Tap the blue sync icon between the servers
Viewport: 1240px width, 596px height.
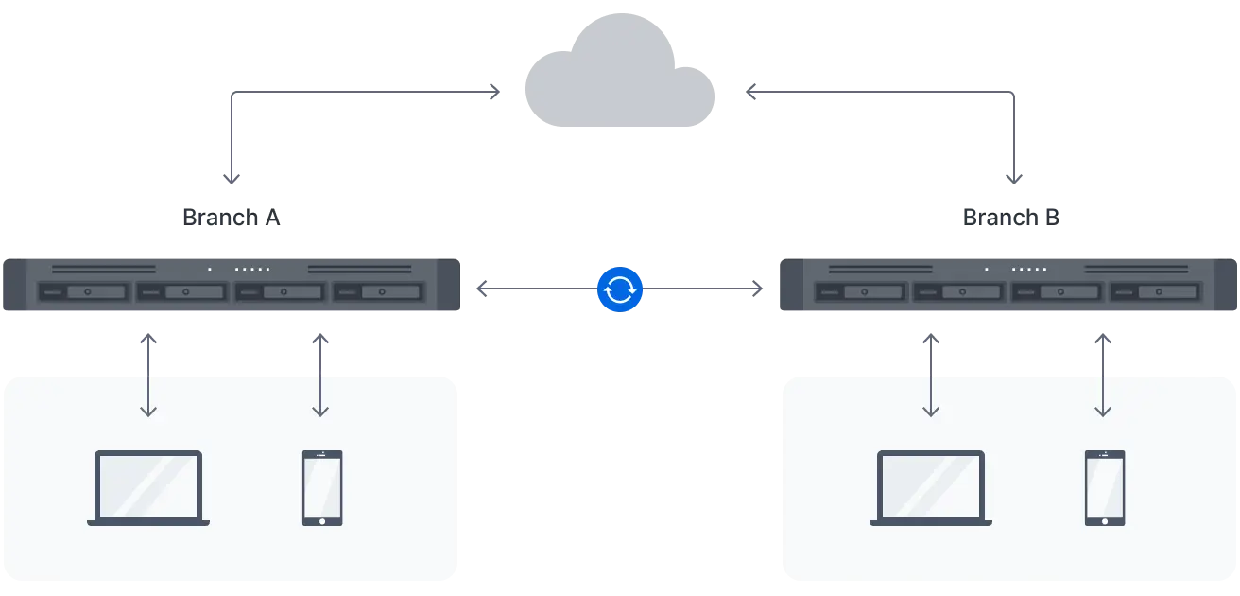tap(620, 290)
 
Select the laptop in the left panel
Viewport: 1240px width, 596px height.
tap(148, 487)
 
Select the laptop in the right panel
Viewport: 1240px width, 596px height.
tap(931, 487)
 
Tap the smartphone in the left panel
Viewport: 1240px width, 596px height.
tap(321, 487)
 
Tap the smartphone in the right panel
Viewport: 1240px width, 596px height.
tap(1104, 487)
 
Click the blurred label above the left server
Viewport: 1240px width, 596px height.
tap(232, 217)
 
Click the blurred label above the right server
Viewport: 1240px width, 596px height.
tap(1013, 217)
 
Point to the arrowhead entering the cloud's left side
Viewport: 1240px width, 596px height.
tap(491, 94)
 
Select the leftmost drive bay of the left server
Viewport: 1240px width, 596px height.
tap(83, 292)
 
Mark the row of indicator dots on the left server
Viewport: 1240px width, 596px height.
tap(252, 270)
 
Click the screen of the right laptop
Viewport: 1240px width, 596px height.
tap(931, 484)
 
